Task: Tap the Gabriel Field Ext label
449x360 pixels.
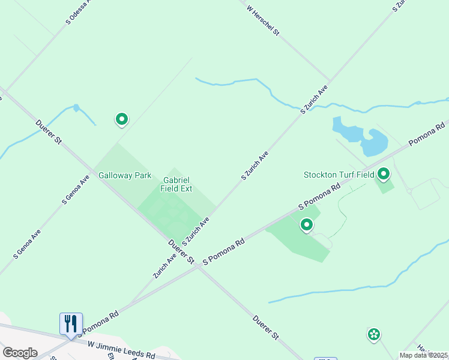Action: pyautogui.click(x=176, y=184)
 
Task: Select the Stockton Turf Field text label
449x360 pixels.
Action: pyautogui.click(x=338, y=175)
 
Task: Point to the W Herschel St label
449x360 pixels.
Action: pyautogui.click(x=263, y=20)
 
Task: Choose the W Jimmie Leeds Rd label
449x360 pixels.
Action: pyautogui.click(x=121, y=350)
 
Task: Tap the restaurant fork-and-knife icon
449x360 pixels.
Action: pyautogui.click(x=71, y=324)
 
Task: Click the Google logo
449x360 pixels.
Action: pyautogui.click(x=20, y=353)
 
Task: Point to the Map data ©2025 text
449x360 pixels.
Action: pyautogui.click(x=424, y=355)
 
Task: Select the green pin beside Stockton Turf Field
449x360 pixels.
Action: pyautogui.click(x=383, y=175)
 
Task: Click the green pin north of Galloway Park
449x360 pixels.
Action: pyautogui.click(x=122, y=119)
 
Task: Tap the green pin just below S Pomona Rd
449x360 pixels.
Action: pyautogui.click(x=307, y=225)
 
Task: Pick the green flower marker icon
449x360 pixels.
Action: pyautogui.click(x=374, y=334)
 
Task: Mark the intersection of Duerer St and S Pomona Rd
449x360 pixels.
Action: pyautogui.click(x=197, y=267)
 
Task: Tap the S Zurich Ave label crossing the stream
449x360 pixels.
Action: pyautogui.click(x=314, y=99)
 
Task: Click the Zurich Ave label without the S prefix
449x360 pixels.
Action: pyautogui.click(x=164, y=265)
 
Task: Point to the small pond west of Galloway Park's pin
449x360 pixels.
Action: pyautogui.click(x=76, y=108)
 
